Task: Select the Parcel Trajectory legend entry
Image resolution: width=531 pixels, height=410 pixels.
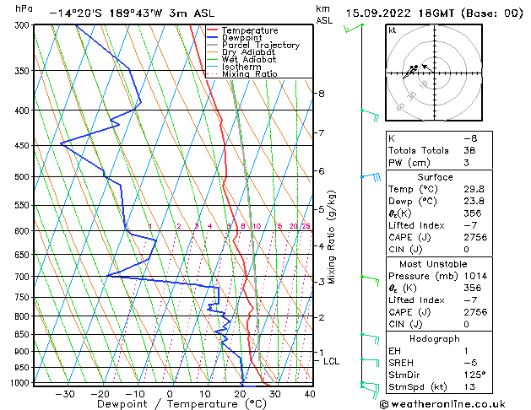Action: pos(261,45)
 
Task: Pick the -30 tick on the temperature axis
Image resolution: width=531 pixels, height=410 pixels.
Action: pos(65,393)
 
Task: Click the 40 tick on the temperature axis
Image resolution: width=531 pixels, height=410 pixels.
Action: pos(310,393)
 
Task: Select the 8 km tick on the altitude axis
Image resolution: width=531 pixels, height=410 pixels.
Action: pos(322,93)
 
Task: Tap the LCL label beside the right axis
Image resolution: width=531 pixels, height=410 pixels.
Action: pos(332,361)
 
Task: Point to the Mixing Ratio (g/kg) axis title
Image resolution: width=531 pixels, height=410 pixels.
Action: pos(332,237)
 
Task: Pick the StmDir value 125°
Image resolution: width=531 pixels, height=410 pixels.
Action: pos(474,375)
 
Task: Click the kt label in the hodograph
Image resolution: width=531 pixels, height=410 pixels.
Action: pos(393,30)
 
